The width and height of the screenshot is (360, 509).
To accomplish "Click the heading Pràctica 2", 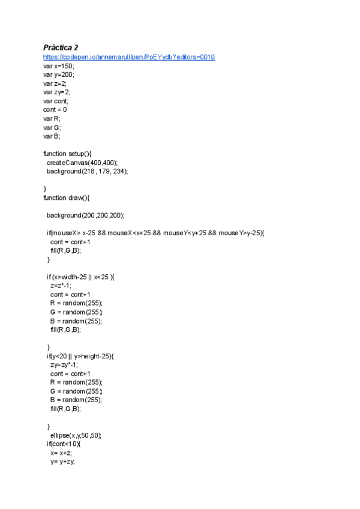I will point(61,47).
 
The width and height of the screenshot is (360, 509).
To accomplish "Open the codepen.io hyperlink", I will point(128,57).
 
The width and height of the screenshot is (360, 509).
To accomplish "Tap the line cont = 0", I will point(55,110).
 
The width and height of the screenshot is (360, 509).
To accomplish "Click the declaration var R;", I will point(52,119).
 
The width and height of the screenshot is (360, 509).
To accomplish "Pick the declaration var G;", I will point(52,127).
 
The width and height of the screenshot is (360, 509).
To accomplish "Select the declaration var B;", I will point(52,136).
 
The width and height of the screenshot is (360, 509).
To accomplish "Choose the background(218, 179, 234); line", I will point(88,171).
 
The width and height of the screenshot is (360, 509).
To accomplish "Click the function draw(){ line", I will point(66,197).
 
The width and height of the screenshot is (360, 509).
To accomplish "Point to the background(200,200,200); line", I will point(85,215).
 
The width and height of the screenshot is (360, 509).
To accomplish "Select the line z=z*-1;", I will point(61,286).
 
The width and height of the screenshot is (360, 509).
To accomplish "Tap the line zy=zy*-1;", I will point(64,364).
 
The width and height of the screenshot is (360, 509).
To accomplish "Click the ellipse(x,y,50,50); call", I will point(76,435).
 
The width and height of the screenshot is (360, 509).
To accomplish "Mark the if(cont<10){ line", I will point(63,444).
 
